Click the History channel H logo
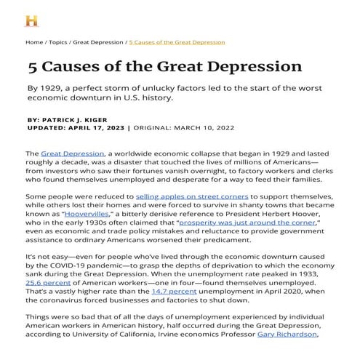click(x=32, y=20)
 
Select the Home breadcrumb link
click(x=33, y=42)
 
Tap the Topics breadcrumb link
click(x=58, y=42)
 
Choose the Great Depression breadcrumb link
click(x=98, y=42)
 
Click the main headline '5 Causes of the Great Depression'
click(x=164, y=67)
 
